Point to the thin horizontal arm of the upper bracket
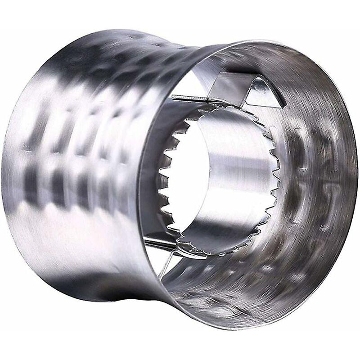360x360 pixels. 189,98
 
